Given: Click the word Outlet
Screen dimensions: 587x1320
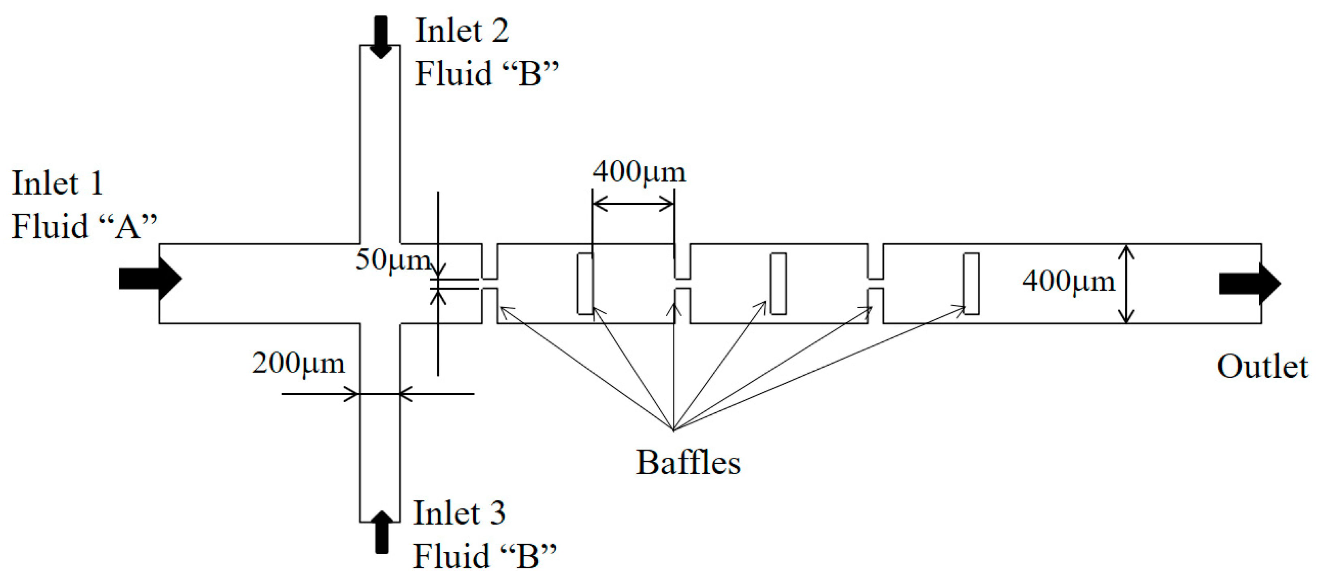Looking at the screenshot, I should click(1262, 366).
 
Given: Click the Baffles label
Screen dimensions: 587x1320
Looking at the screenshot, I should click(688, 463).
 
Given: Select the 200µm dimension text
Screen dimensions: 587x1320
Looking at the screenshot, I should click(298, 364).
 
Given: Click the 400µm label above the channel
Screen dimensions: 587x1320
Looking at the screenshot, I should click(639, 172).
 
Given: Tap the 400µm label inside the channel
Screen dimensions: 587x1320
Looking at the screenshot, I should click(1068, 281).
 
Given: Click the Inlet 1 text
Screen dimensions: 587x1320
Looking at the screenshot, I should click(58, 183).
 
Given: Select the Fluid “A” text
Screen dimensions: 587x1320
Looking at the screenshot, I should click(84, 226).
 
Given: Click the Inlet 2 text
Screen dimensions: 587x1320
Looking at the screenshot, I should click(462, 30).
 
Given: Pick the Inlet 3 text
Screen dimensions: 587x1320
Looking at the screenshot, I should click(459, 513).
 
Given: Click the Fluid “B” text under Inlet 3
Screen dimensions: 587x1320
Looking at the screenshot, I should click(485, 556).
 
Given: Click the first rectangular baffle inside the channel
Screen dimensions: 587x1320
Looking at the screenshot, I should click(585, 283).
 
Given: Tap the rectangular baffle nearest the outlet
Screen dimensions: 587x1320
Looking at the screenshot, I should click(971, 283).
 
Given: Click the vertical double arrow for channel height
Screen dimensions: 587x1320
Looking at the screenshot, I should click(1126, 284).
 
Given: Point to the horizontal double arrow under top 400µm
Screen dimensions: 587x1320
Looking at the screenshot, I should click(633, 204).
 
